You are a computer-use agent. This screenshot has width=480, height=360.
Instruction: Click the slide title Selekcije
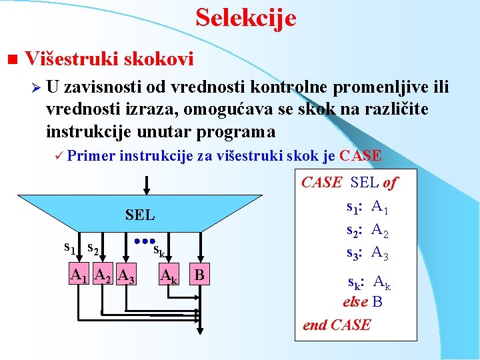click(x=245, y=17)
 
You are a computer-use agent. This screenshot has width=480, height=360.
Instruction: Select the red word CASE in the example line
click(x=361, y=156)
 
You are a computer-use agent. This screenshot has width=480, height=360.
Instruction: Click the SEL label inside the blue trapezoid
click(x=140, y=215)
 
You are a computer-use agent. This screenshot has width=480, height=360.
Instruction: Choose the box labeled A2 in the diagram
click(x=102, y=275)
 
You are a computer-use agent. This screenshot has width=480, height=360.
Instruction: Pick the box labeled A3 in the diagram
click(x=125, y=275)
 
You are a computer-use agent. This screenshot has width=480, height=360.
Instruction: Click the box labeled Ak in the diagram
click(x=168, y=275)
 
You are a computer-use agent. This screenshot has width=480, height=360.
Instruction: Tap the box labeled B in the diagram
click(x=199, y=275)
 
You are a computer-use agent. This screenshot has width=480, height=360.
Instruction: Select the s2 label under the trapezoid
click(x=93, y=249)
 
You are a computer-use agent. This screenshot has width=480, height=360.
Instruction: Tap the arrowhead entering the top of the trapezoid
click(x=146, y=190)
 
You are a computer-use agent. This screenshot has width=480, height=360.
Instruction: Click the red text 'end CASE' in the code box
click(x=337, y=325)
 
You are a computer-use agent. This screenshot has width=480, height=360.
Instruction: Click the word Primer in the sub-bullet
click(x=91, y=156)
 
